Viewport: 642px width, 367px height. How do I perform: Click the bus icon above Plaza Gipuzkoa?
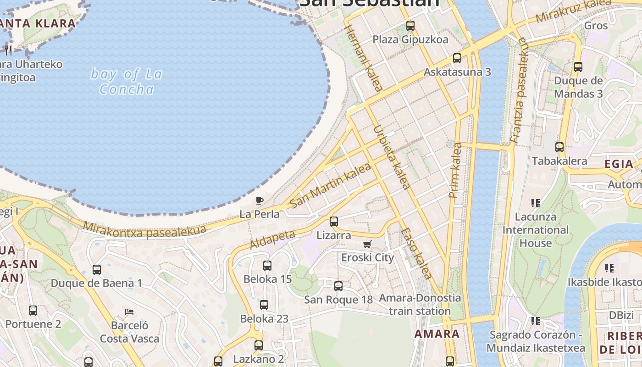point(410,26)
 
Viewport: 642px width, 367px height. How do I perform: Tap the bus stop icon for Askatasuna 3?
point(457,58)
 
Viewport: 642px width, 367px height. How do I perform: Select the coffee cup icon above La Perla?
point(259,200)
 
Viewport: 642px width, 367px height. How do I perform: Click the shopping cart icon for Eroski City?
point(367,244)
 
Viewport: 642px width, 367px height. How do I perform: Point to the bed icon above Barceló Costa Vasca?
point(129,312)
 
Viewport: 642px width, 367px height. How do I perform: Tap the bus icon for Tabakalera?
point(559,147)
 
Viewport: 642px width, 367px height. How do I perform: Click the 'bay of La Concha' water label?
point(127,81)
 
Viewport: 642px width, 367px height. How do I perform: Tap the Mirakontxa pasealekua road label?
point(144,230)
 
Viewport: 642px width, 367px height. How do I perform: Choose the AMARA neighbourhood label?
point(437,334)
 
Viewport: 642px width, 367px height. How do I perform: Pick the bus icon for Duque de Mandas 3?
point(578,67)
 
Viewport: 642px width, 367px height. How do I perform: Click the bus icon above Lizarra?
point(334,222)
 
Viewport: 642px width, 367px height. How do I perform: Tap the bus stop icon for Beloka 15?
point(267,265)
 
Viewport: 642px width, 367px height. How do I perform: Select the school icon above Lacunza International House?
point(535,203)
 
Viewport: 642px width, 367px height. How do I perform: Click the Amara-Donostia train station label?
point(420,304)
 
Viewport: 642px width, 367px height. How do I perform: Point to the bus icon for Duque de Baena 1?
point(96,270)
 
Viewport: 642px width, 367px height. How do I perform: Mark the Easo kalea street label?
point(416,254)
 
